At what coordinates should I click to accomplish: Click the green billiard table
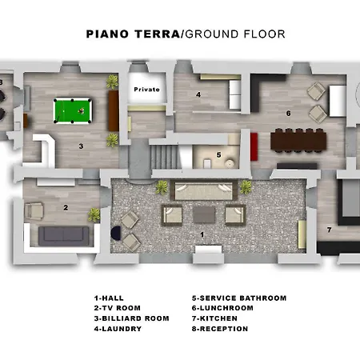(x=73, y=110)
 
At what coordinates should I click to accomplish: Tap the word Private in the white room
(x=146, y=90)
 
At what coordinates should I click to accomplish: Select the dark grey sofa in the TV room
(x=63, y=236)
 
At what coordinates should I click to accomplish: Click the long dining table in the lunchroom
(x=298, y=141)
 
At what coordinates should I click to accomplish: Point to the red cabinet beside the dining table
(x=254, y=146)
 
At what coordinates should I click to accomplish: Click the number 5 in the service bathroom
(x=218, y=154)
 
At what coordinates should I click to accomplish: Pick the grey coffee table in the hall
(x=204, y=214)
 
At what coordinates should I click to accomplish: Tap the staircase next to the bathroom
(x=164, y=157)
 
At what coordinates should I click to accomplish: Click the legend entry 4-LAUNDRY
(x=118, y=329)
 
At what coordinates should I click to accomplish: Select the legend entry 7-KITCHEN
(x=214, y=318)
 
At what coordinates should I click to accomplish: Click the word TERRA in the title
(x=157, y=34)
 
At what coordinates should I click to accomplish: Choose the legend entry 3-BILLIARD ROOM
(x=131, y=318)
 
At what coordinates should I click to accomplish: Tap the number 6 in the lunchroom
(x=288, y=114)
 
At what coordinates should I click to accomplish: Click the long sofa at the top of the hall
(x=204, y=190)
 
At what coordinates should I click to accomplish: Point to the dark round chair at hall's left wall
(x=116, y=233)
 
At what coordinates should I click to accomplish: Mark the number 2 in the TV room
(x=66, y=207)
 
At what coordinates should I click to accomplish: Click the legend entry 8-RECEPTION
(x=220, y=329)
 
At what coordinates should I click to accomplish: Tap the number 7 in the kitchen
(x=330, y=230)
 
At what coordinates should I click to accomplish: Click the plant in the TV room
(x=94, y=214)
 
